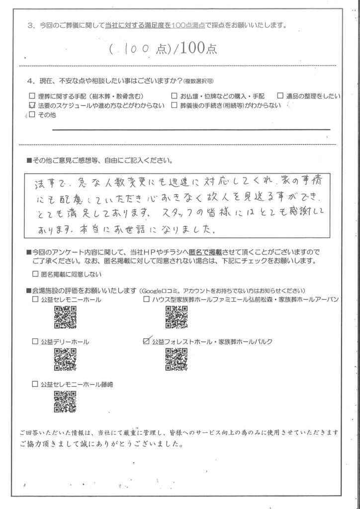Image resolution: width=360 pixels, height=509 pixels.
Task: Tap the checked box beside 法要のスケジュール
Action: tap(33, 105)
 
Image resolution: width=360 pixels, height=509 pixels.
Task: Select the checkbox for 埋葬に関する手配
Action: tap(33, 96)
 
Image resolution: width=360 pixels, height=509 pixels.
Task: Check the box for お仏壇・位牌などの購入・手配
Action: tap(175, 96)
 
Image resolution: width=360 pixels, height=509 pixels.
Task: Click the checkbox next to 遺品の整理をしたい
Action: tap(280, 96)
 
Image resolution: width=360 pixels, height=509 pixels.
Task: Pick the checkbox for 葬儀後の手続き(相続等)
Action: tap(175, 105)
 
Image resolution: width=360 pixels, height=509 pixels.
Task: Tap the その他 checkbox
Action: tap(33, 115)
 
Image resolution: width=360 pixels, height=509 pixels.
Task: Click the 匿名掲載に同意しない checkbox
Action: tap(35, 273)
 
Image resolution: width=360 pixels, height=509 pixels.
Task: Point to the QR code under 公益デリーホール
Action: tap(64, 358)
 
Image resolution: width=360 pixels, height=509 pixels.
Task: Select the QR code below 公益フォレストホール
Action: tap(176, 358)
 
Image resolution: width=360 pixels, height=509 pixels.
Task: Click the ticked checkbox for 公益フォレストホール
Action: tap(146, 341)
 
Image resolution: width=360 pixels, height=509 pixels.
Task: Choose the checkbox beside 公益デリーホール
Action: tap(35, 341)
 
